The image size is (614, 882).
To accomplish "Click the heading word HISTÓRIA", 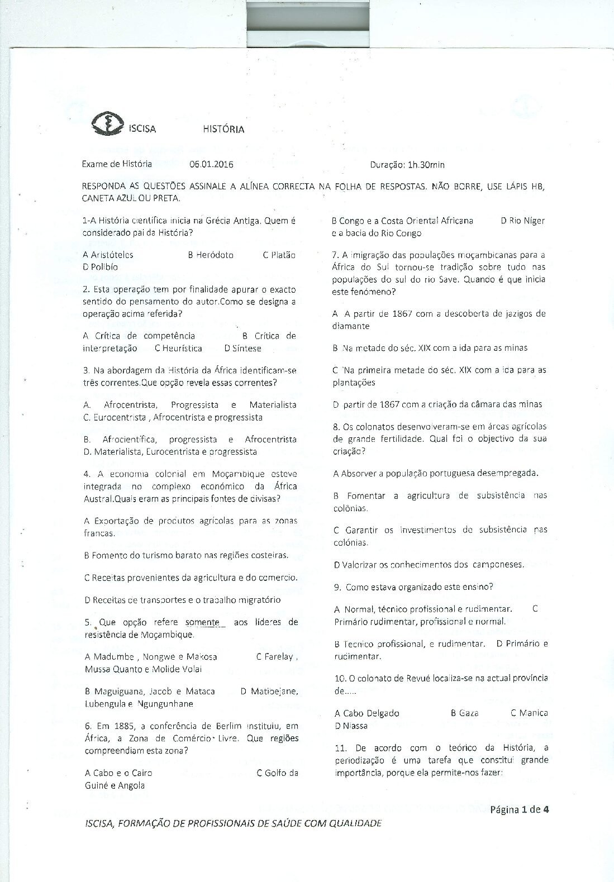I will [223, 129].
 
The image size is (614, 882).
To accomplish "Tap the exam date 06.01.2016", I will [211, 164].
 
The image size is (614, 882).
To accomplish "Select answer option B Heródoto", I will [211, 255].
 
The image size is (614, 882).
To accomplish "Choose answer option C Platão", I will [279, 255].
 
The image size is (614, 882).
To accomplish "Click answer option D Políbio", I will [101, 267].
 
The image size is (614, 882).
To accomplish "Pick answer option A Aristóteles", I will [108, 255].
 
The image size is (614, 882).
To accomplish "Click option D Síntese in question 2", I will [243, 348].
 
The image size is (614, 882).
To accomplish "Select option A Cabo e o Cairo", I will [118, 773].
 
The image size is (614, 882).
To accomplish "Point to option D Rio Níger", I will [523, 221].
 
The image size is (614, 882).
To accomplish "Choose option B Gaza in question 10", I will [464, 713].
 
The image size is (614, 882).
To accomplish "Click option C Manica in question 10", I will [529, 713].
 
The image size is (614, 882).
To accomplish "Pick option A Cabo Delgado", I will [367, 713].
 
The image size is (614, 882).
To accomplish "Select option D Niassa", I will [351, 726].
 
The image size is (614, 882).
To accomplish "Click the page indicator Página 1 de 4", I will [520, 809].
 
